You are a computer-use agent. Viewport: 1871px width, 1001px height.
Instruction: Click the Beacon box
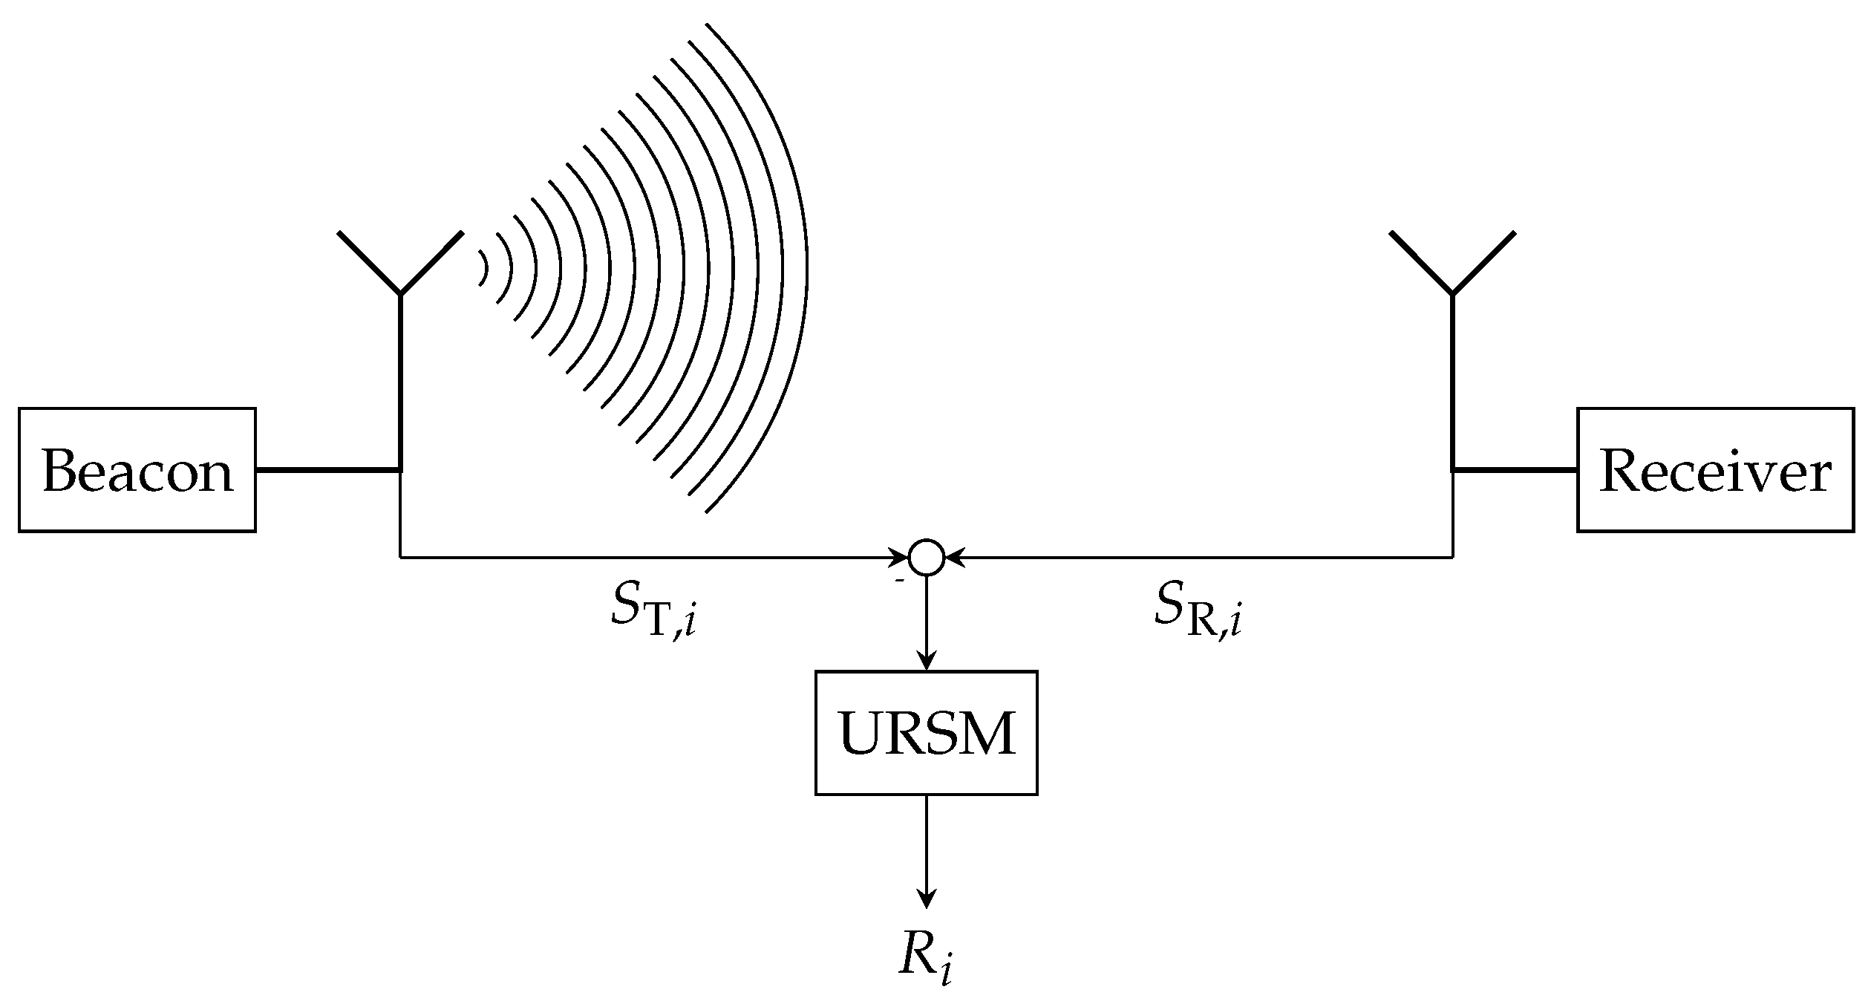(x=137, y=469)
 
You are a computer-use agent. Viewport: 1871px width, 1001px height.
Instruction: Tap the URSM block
(x=926, y=733)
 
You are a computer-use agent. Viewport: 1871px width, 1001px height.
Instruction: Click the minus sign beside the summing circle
(x=899, y=581)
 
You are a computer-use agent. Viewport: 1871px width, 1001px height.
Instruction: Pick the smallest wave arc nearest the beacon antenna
(x=483, y=268)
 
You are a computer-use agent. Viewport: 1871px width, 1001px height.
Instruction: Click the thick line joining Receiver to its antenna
(x=1515, y=469)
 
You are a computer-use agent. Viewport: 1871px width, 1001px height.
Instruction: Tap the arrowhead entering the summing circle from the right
(x=952, y=556)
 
